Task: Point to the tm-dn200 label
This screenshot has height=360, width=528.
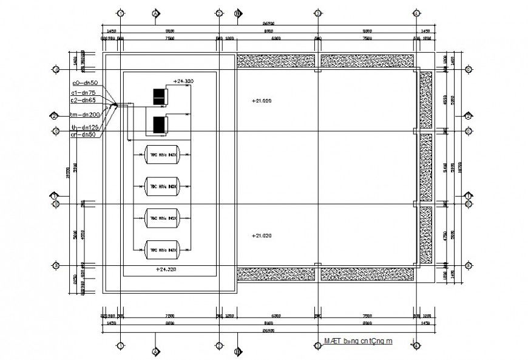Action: point(84,114)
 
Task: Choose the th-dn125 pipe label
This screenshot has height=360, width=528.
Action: point(84,127)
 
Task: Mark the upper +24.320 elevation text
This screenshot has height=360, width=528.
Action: point(184,80)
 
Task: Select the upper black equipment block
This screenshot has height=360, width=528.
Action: point(159,96)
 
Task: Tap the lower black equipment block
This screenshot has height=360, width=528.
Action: point(159,125)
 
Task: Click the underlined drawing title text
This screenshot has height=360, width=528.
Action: point(357,341)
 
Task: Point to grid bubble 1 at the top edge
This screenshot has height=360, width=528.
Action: point(121,13)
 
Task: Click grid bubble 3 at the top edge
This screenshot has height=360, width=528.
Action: point(317,13)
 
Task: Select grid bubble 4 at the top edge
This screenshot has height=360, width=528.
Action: point(416,13)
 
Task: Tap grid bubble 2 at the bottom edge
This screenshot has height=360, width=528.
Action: point(219,346)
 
